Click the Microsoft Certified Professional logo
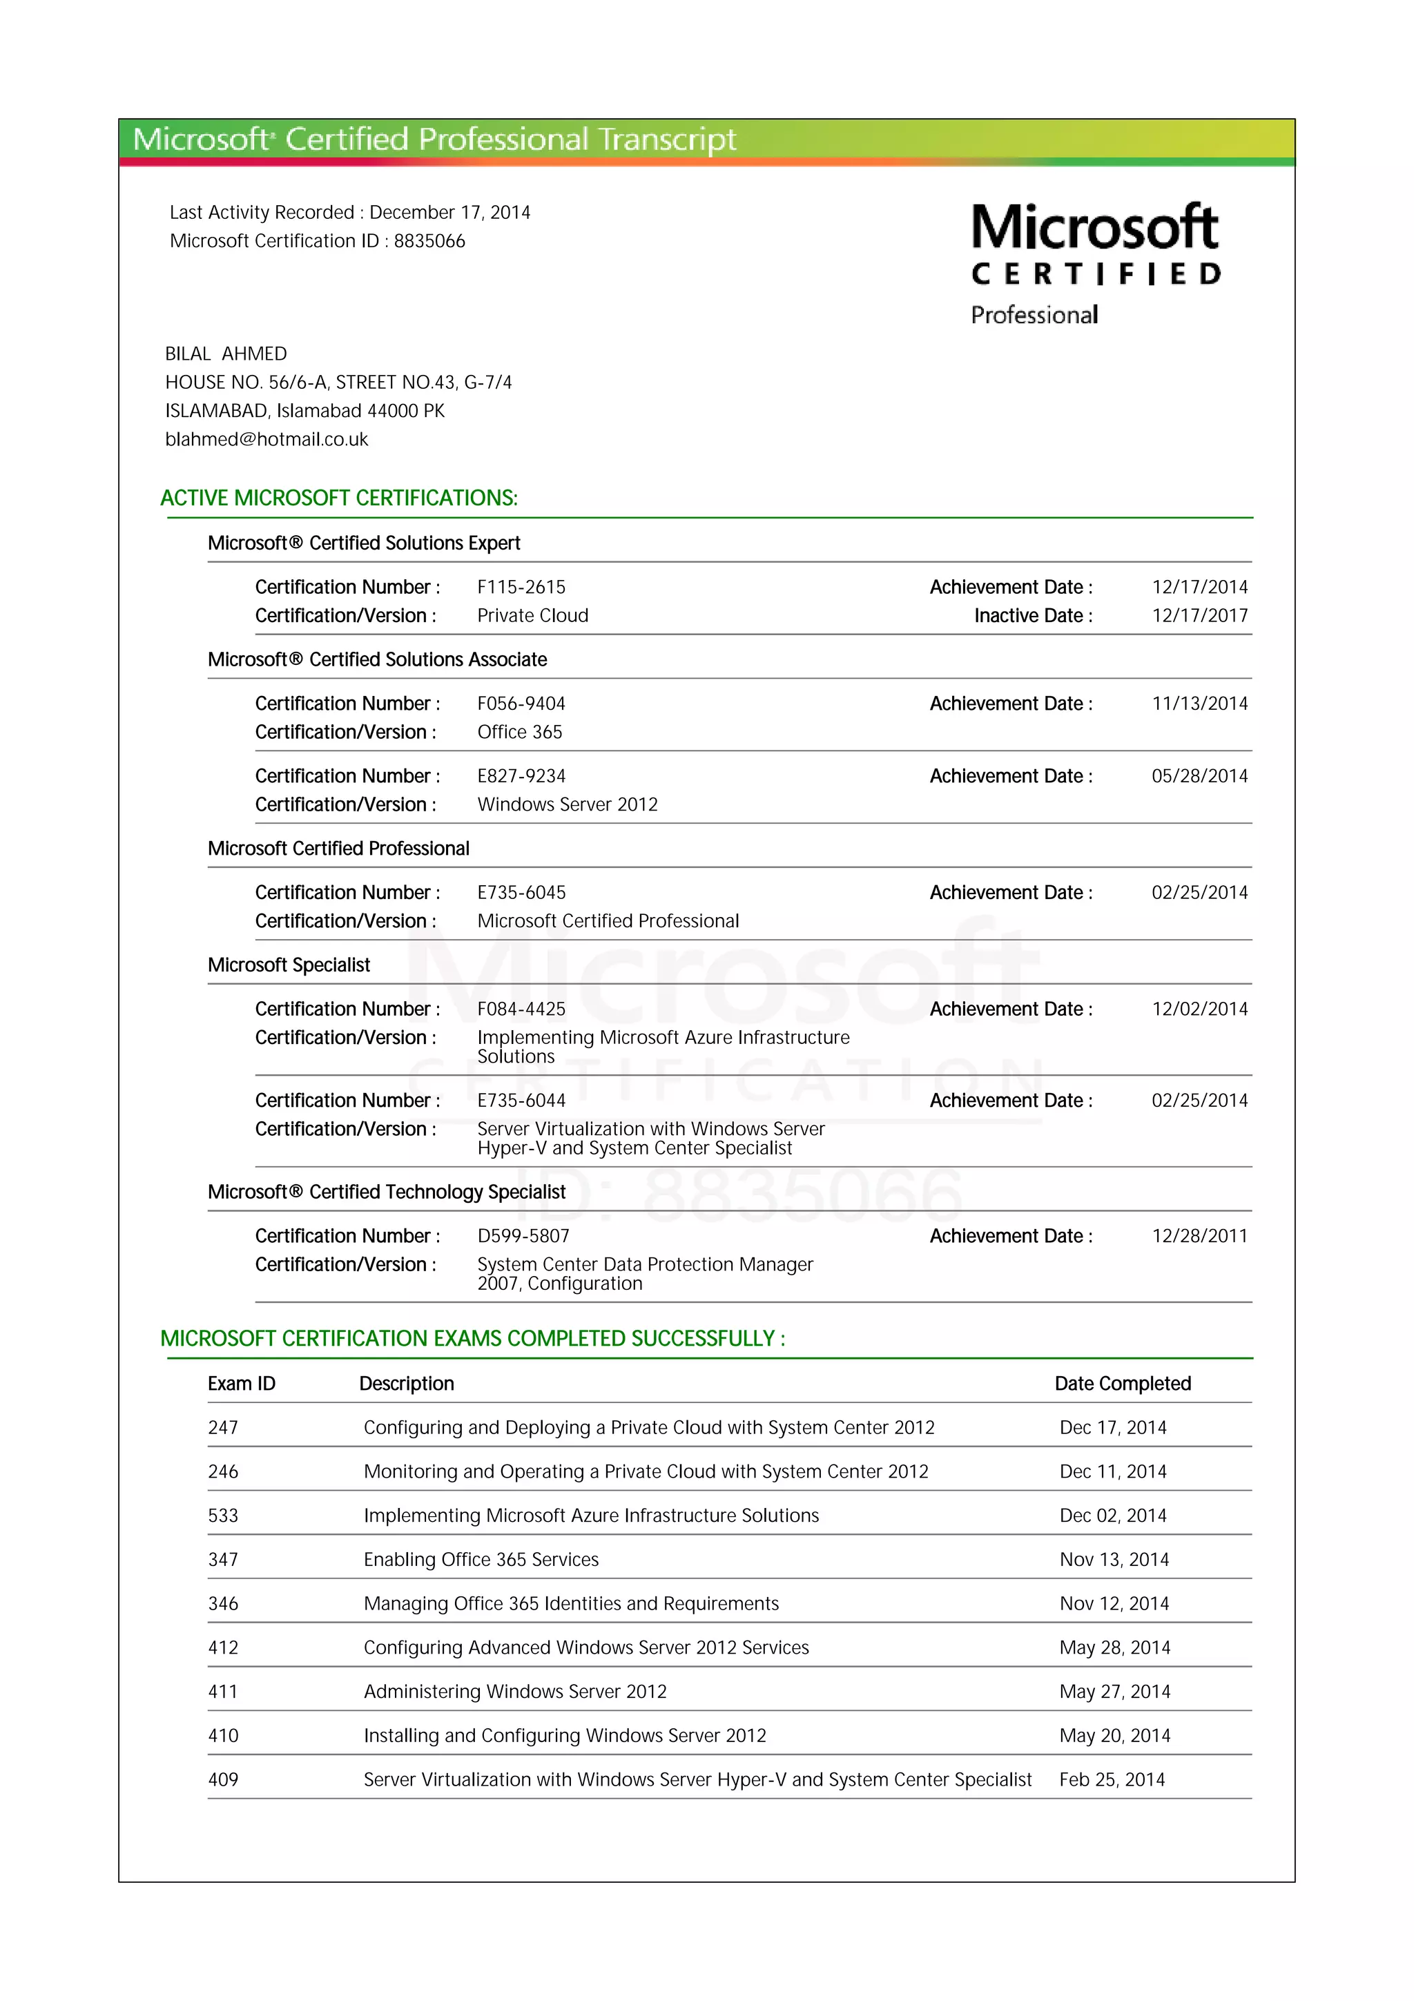pyautogui.click(x=1095, y=263)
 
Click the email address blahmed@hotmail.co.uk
pyautogui.click(x=267, y=439)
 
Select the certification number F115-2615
pyautogui.click(x=521, y=588)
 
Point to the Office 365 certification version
pyautogui.click(x=519, y=732)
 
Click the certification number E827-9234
pyautogui.click(x=521, y=777)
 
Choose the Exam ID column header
pyautogui.click(x=242, y=1384)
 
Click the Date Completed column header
pyautogui.click(x=1122, y=1384)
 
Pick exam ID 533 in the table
pyautogui.click(x=223, y=1516)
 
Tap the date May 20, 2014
pyautogui.click(x=1114, y=1735)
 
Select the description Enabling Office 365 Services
pyautogui.click(x=481, y=1560)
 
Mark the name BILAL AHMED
pyautogui.click(x=226, y=354)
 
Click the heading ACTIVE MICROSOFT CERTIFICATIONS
pyautogui.click(x=339, y=499)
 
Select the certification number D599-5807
pyautogui.click(x=523, y=1237)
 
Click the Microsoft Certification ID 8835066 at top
pyautogui.click(x=429, y=242)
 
